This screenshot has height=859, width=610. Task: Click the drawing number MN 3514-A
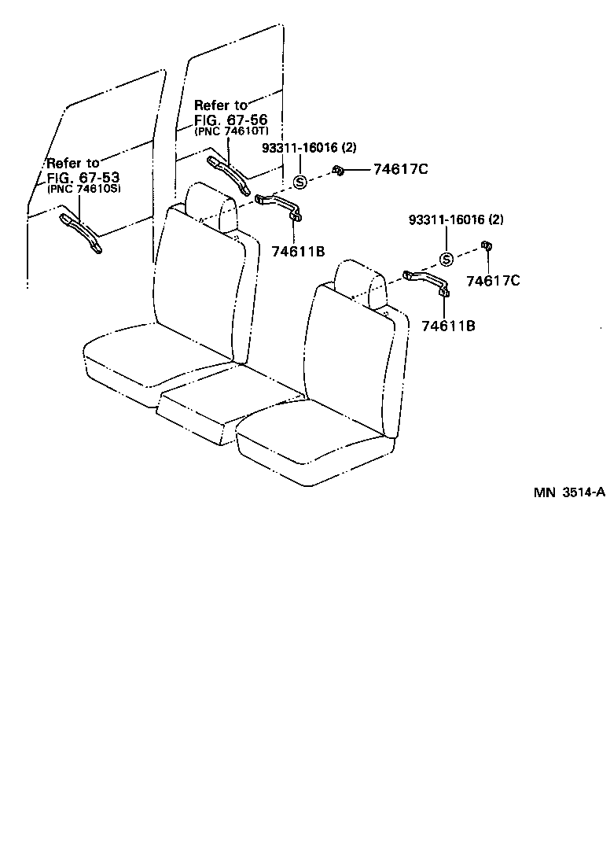(x=569, y=493)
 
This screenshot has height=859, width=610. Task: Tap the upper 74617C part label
(x=399, y=170)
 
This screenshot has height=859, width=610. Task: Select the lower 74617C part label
(x=493, y=280)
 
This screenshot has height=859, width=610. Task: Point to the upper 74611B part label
(x=298, y=252)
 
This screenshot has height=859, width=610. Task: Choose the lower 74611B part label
(x=448, y=325)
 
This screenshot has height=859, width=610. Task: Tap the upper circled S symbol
(x=299, y=182)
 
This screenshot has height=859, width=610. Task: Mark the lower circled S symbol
(x=446, y=260)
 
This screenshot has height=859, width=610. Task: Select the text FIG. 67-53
(x=77, y=177)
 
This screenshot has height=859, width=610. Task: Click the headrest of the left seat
(x=211, y=206)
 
